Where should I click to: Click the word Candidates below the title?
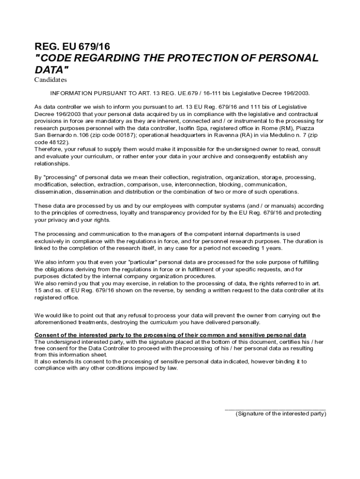50,80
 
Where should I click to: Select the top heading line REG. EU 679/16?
72,46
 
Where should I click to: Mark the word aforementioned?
58,322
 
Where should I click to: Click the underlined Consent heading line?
170,335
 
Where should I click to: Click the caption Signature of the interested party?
281,414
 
